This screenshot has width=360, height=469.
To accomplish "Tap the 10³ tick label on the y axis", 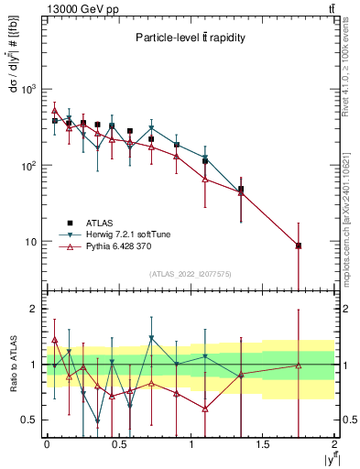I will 29,90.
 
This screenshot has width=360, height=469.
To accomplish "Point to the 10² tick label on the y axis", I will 29,166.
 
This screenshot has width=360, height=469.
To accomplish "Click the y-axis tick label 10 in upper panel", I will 32,242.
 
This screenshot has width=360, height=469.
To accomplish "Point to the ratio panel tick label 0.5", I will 29,420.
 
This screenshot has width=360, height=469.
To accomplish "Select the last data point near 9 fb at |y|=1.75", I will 299,245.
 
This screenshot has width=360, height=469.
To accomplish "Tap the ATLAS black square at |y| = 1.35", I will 241,190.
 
